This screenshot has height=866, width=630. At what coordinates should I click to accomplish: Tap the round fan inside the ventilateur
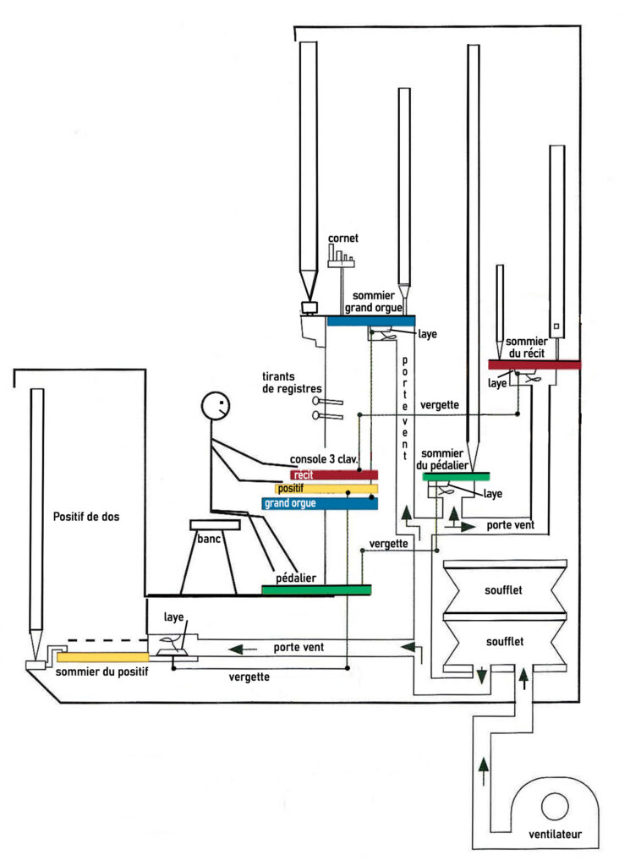point(555,804)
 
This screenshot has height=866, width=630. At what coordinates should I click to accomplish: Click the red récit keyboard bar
point(333,475)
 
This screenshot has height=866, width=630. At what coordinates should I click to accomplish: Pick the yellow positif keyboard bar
point(326,489)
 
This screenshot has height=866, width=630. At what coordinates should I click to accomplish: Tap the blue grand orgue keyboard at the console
point(319,503)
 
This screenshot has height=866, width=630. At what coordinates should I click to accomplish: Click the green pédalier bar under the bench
point(315,589)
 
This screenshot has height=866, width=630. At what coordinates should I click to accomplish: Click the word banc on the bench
point(210,539)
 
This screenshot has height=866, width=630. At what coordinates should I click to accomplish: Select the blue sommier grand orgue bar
point(370,321)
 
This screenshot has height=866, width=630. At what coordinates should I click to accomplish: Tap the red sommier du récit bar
point(534,364)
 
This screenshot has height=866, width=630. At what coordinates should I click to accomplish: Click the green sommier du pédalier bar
point(462,477)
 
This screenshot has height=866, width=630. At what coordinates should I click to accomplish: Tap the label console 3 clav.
point(326,458)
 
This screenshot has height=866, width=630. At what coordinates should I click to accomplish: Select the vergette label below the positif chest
point(249,677)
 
